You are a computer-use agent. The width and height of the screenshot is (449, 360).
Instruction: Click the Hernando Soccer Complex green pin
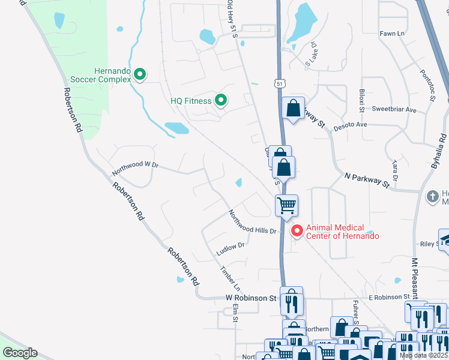pyautogui.click(x=140, y=74)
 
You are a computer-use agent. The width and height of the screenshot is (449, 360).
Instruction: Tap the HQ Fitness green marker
pyautogui.click(x=221, y=101)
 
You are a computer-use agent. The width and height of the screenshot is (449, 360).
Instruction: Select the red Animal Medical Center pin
pyautogui.click(x=296, y=231)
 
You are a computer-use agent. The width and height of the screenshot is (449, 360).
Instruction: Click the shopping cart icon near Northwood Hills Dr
pyautogui.click(x=287, y=205)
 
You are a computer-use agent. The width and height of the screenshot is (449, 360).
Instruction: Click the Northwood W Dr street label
pyautogui.click(x=135, y=169)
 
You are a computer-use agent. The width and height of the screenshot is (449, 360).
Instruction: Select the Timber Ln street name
pyautogui.click(x=230, y=278)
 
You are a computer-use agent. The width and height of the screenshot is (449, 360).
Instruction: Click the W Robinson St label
pyautogui.click(x=250, y=298)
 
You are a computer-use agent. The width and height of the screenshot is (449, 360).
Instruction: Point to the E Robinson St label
pyautogui.click(x=389, y=297)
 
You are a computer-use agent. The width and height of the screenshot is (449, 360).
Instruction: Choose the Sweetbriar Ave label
pyautogui.click(x=394, y=110)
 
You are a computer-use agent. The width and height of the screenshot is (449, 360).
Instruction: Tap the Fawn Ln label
pyautogui.click(x=392, y=34)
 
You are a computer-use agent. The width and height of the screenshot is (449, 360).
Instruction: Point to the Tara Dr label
pyautogui.click(x=394, y=170)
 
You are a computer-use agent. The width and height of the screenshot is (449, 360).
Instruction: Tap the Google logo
pyautogui.click(x=20, y=352)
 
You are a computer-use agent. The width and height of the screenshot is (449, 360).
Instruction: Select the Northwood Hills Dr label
pyautogui.click(x=252, y=222)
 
